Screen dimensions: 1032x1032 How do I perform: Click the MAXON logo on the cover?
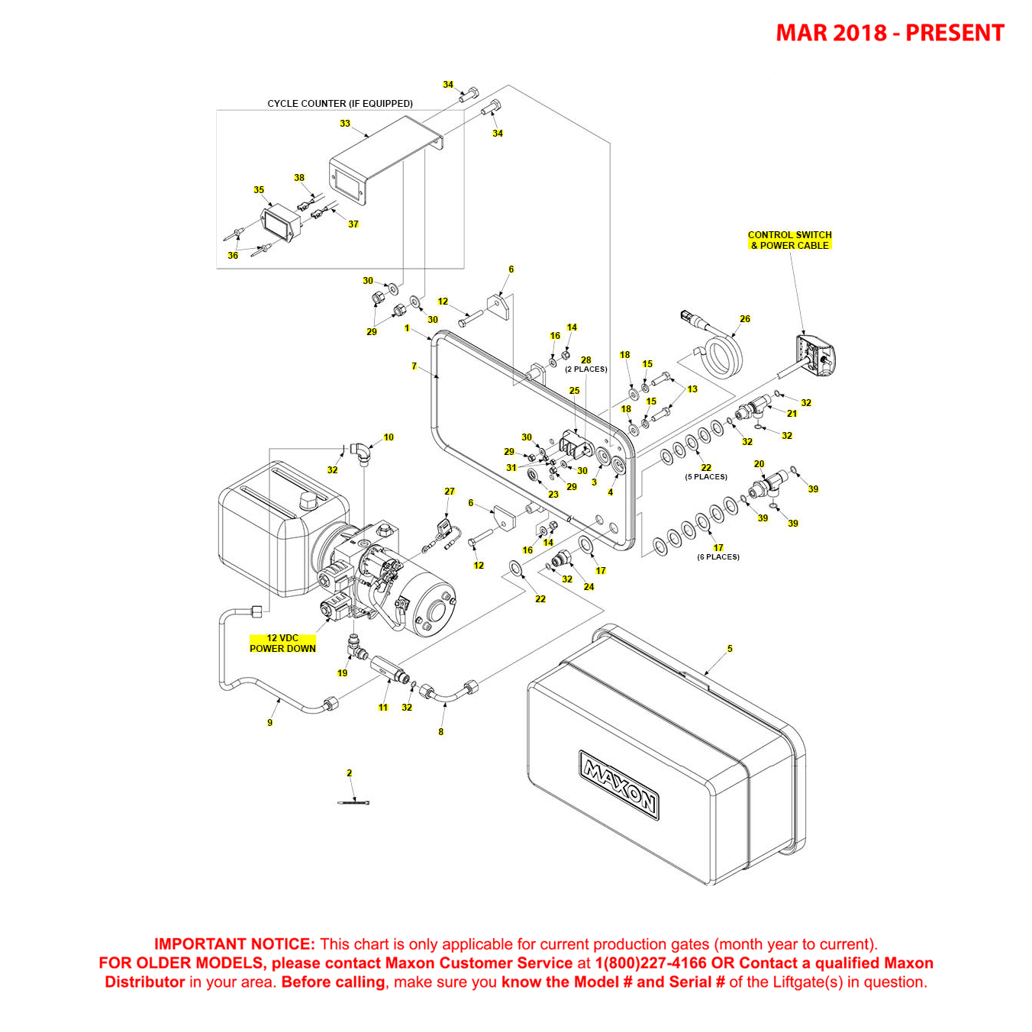tap(619, 784)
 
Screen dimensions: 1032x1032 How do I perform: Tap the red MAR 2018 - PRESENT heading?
tap(889, 33)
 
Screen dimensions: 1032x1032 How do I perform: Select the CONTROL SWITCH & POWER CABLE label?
tap(789, 240)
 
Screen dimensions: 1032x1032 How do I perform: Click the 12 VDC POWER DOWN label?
tap(282, 643)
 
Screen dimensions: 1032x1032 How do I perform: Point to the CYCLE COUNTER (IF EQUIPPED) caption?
tap(340, 104)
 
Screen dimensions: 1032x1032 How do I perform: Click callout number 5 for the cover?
tap(730, 649)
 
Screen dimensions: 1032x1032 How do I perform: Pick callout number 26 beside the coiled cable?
tap(745, 319)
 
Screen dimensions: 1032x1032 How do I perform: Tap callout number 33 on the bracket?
tap(345, 124)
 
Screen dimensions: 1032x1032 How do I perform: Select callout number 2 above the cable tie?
tap(350, 773)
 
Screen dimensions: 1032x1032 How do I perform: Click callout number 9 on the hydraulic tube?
tap(269, 723)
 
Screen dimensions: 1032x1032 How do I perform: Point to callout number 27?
tap(450, 492)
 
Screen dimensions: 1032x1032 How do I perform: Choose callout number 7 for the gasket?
tap(414, 366)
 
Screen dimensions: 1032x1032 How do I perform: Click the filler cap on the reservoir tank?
tap(308, 501)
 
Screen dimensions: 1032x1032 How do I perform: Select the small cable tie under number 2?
tap(353, 802)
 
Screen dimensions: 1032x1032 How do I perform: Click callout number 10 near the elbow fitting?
tap(389, 437)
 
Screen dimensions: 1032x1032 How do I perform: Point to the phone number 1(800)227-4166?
tap(650, 963)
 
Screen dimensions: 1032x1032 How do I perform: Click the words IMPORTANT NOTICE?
tap(234, 944)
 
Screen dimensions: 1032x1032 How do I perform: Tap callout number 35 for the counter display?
tap(259, 190)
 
